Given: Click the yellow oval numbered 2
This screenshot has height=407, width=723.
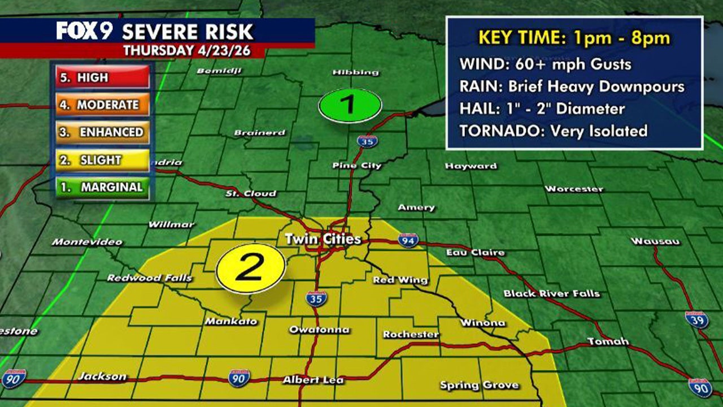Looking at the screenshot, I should click(x=250, y=268).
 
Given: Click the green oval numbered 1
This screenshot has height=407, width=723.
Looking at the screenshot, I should click(x=350, y=105).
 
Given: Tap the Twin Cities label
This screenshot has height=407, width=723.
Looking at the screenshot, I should click(x=323, y=239).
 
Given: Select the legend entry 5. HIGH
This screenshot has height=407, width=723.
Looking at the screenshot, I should click(x=102, y=77).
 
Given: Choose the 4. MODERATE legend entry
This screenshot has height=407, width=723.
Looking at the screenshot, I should click(x=102, y=105).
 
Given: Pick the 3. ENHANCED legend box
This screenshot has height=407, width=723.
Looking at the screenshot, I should click(x=102, y=132).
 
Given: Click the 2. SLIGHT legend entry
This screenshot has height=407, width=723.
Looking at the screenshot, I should click(x=102, y=160).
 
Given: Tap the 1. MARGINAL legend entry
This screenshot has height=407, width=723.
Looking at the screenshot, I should click(x=102, y=188).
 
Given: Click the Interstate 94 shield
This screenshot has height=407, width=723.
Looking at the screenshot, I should click(x=408, y=240).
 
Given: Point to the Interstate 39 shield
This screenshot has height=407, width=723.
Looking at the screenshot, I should click(x=696, y=319).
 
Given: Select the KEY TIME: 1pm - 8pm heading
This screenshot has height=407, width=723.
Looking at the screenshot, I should click(x=574, y=38).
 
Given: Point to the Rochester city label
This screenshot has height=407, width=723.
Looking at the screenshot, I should click(x=411, y=335).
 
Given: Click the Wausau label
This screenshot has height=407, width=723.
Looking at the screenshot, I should click(x=655, y=241).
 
